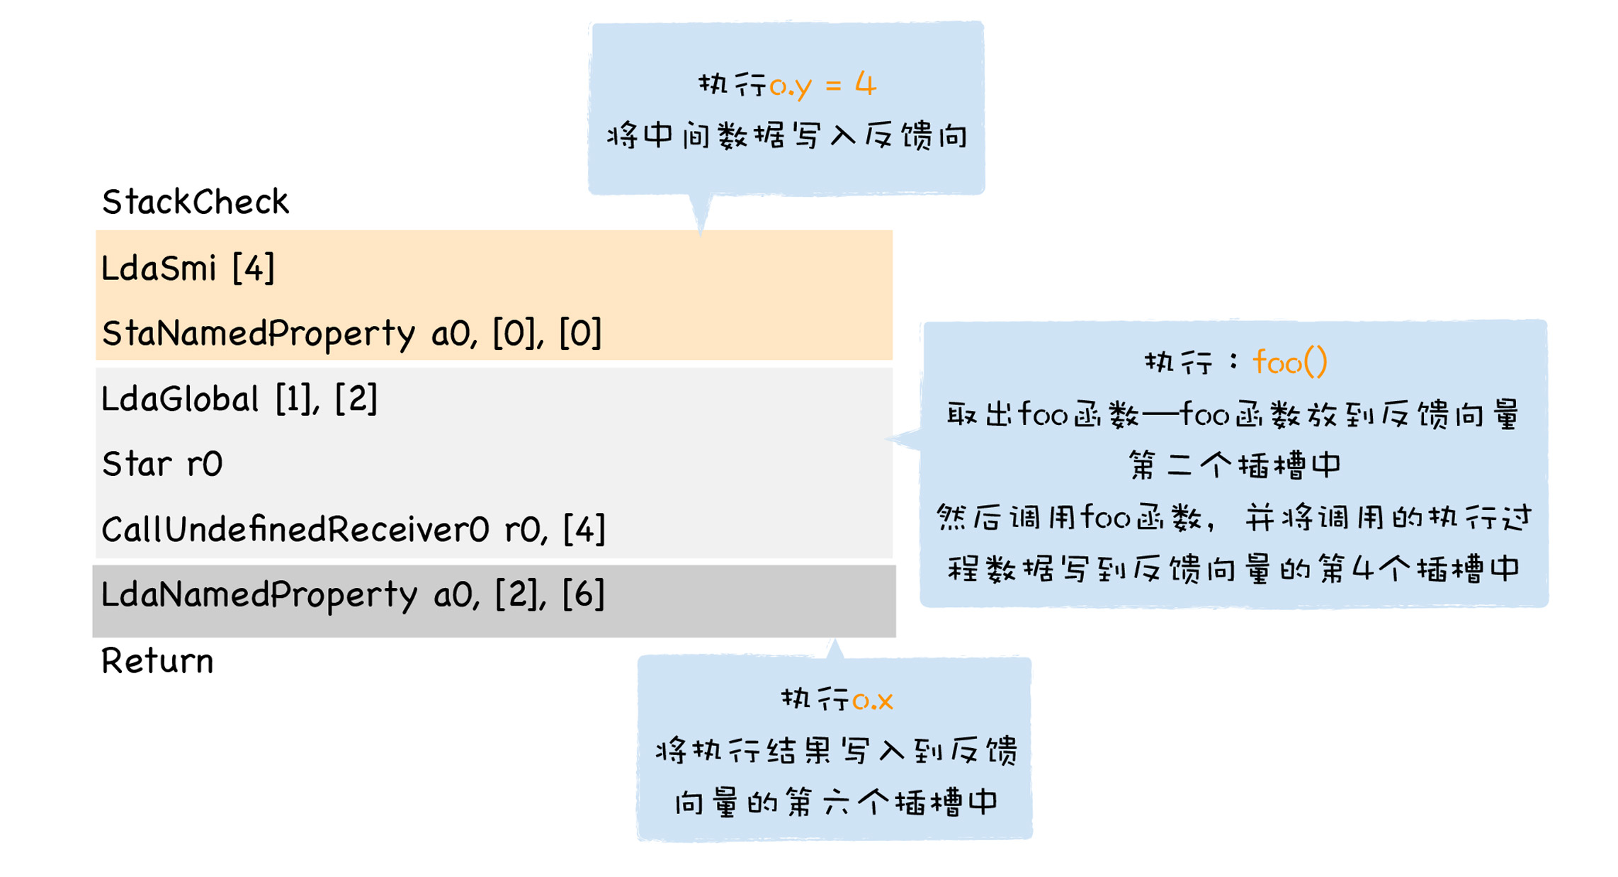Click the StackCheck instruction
tap(195, 202)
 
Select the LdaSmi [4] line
tap(188, 268)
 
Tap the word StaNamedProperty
tap(259, 333)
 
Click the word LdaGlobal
tap(180, 399)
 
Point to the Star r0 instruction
tap(162, 465)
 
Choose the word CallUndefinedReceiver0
tap(295, 530)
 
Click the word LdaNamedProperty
tap(259, 594)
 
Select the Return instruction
tap(157, 661)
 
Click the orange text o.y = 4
tap(822, 85)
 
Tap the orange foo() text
tap(1289, 363)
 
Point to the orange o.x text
tap(872, 700)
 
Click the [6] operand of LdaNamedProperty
tap(583, 594)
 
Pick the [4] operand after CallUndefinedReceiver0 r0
tap(584, 530)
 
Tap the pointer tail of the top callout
tap(701, 213)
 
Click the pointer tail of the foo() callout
tap(904, 439)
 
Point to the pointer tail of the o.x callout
tap(835, 648)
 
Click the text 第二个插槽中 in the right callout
tap(1234, 465)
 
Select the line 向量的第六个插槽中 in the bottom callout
tap(836, 803)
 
